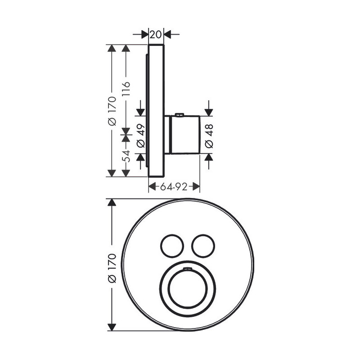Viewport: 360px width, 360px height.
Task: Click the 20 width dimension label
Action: tap(156, 35)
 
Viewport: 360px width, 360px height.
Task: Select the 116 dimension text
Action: tap(126, 89)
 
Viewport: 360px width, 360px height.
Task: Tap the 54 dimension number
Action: tap(126, 156)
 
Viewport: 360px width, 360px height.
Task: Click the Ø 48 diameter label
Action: tap(209, 136)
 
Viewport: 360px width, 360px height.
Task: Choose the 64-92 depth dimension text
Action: tap(173, 187)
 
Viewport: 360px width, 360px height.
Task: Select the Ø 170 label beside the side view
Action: tap(112, 111)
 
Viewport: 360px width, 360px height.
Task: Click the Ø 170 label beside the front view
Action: tap(112, 268)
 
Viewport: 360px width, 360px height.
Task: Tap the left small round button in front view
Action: tap(172, 246)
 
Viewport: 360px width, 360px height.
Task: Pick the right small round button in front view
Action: tap(203, 246)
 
